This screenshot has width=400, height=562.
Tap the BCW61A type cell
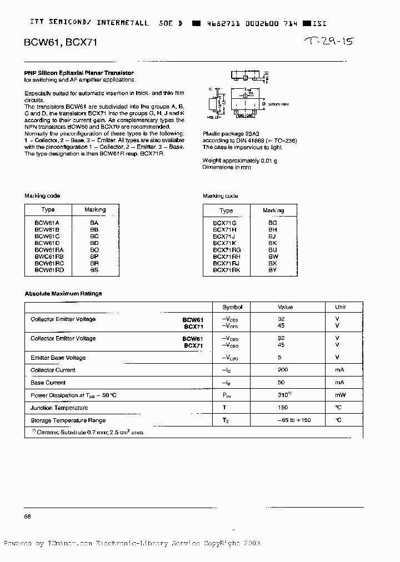tap(47, 222)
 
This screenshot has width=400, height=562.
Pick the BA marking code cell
tap(94, 222)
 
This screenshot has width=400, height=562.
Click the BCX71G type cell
tap(225, 223)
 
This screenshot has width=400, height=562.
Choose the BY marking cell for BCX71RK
tap(272, 270)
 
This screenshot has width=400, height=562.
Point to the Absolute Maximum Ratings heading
tap(63, 294)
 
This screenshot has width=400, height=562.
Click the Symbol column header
tap(232, 307)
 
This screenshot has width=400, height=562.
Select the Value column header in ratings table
tap(285, 307)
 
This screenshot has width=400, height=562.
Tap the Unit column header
tap(340, 307)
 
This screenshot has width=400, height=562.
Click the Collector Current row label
tap(53, 370)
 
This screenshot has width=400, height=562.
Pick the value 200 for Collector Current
tap(282, 370)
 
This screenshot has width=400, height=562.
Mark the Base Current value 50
tap(282, 383)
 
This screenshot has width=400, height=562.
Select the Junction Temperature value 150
tap(282, 408)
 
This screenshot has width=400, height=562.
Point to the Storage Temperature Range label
tap(68, 421)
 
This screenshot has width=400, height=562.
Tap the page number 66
tap(27, 517)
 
